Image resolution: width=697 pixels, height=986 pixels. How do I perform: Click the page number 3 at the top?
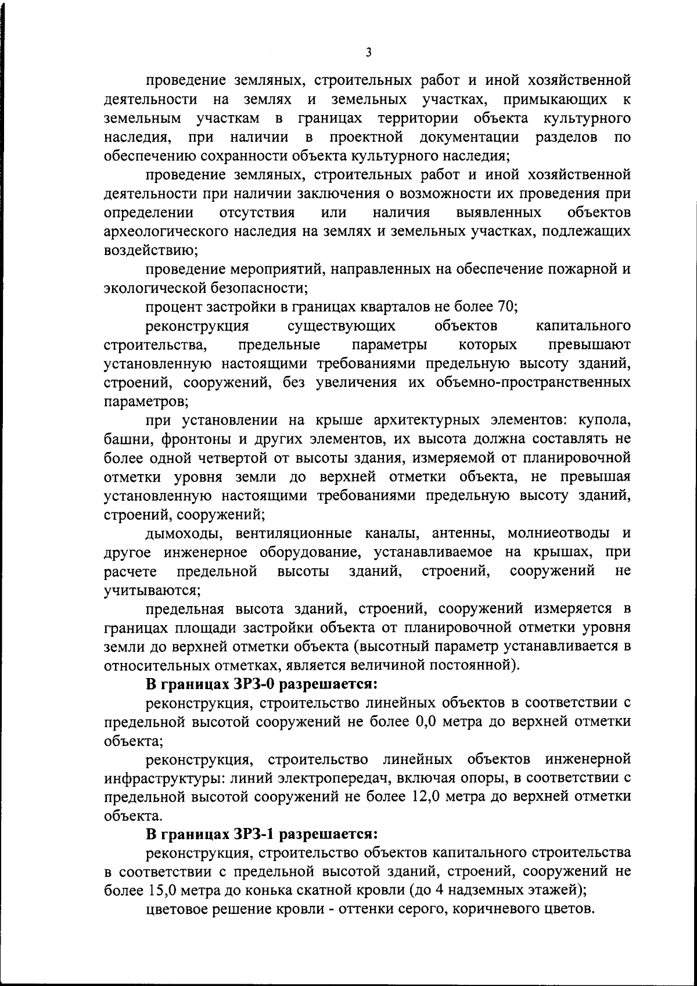(x=369, y=53)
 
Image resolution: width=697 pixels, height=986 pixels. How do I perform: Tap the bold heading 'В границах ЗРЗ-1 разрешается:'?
(x=262, y=834)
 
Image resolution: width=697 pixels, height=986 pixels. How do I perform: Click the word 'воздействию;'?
(x=151, y=250)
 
